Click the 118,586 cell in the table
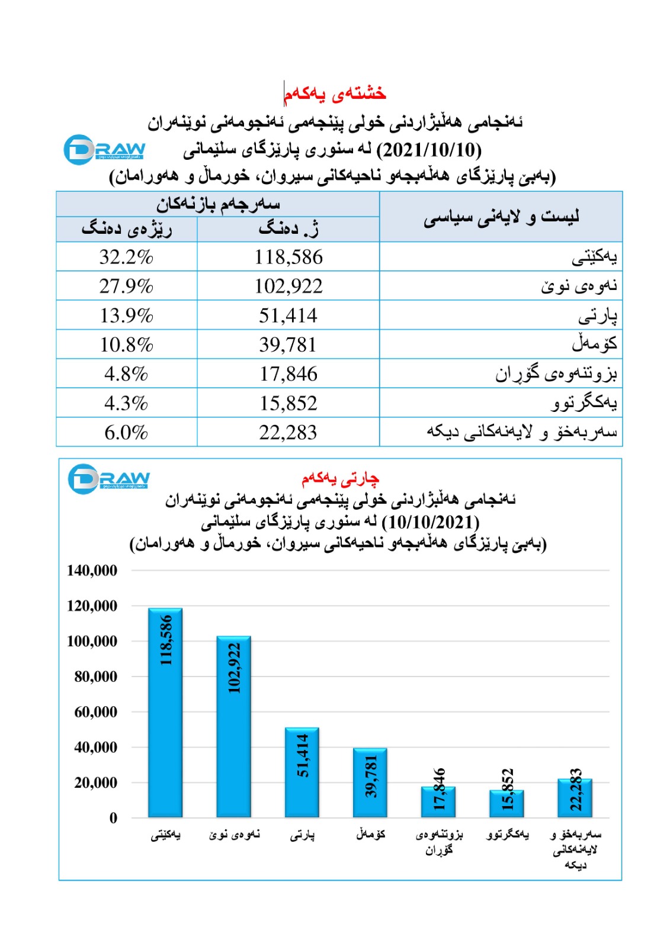coord(288,257)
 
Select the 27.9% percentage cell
coord(126,286)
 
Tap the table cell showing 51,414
coord(288,315)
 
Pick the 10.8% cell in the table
coord(126,344)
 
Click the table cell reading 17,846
coord(288,374)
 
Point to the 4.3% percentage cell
coord(126,403)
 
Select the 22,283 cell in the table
coord(288,433)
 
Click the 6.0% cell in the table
coord(126,433)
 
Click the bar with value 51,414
coord(302,772)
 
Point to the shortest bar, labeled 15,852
coord(507,804)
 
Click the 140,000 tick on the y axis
coord(92,571)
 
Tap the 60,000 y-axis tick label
coord(95,712)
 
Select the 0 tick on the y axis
coord(113,818)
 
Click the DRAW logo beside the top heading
coord(104,150)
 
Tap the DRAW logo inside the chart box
coord(108,479)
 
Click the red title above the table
coord(335,94)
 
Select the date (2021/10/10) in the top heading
coord(429,150)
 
